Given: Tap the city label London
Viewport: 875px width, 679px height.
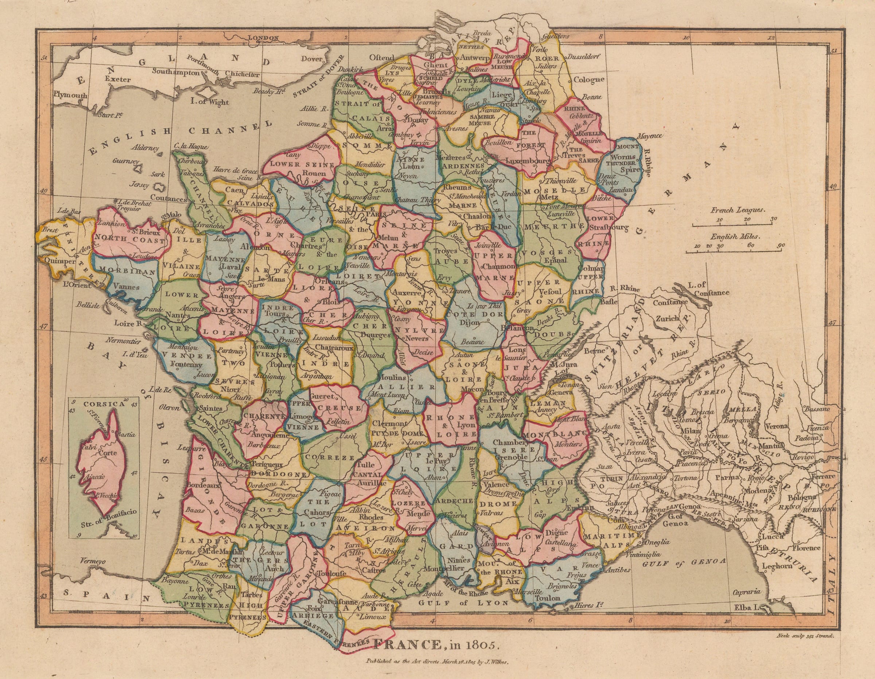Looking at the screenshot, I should click(263, 38).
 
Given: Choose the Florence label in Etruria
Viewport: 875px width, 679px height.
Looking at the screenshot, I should click(806, 548).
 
